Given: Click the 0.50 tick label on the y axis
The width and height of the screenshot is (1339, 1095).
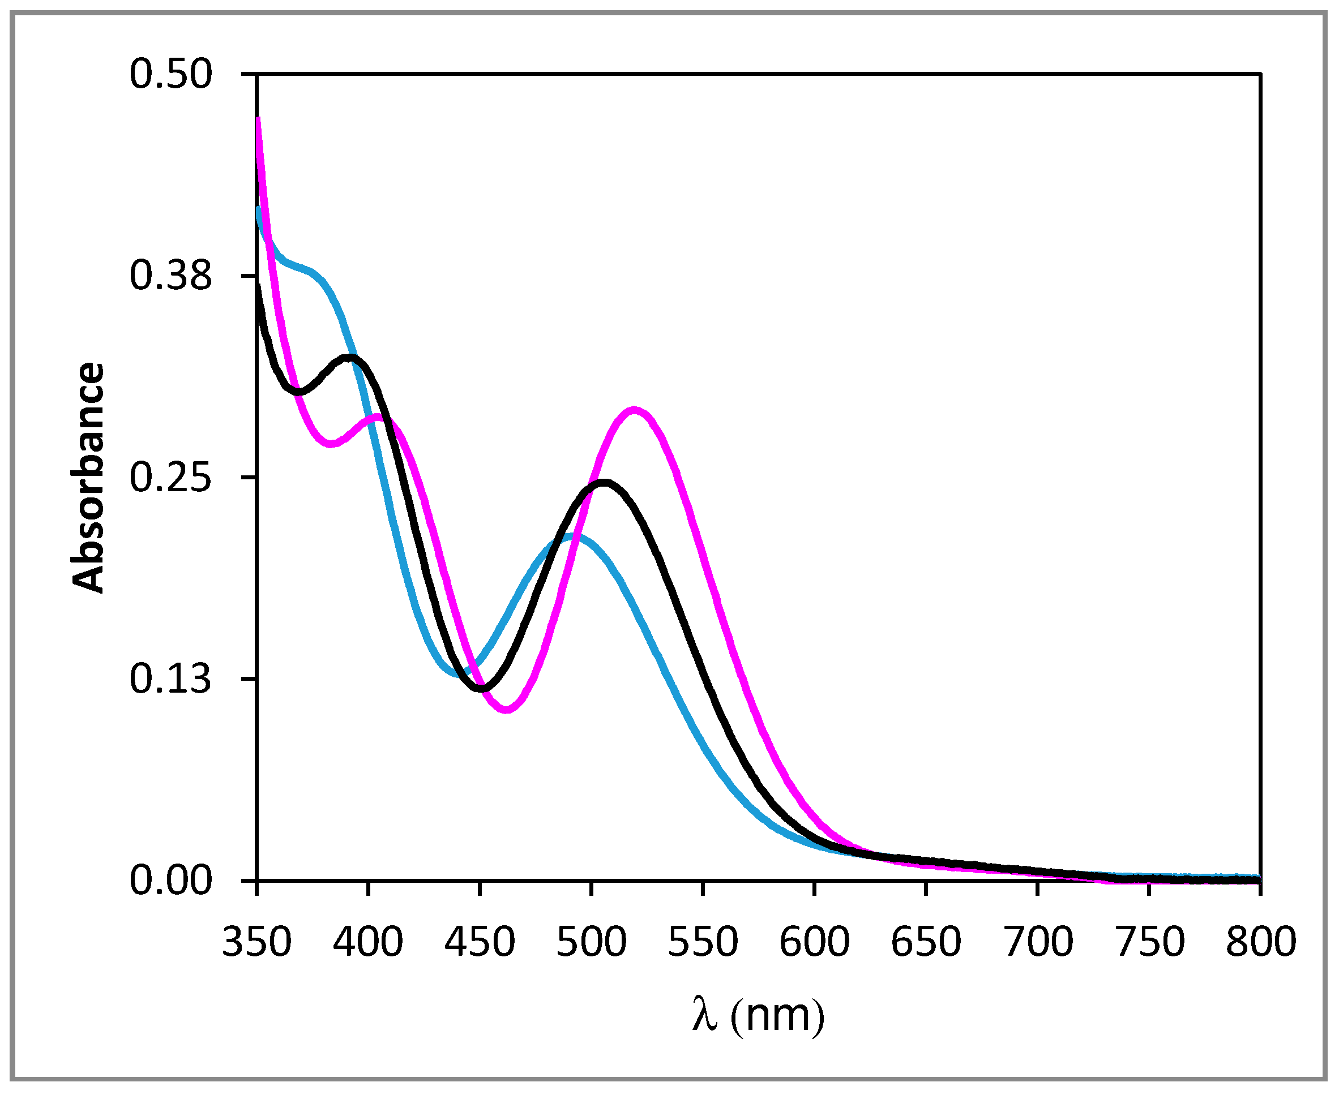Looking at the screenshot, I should click(170, 75).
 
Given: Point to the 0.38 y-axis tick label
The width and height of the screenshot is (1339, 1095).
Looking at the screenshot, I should click(170, 276).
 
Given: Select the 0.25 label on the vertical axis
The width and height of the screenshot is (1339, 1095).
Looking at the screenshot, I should click(170, 478).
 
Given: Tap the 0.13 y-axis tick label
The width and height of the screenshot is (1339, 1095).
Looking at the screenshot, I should click(170, 679).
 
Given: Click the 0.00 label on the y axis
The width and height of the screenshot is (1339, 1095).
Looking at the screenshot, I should click(170, 881).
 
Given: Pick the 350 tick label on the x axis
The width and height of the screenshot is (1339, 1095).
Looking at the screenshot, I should click(257, 942).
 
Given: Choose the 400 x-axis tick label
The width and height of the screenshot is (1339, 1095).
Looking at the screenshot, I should click(369, 942).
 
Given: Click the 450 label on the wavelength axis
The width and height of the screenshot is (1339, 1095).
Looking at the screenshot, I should click(480, 942).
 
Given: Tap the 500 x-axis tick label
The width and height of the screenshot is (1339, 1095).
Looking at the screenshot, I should click(591, 942).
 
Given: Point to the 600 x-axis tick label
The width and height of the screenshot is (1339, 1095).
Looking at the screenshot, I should click(815, 942).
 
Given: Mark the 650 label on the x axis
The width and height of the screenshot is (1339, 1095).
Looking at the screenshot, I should click(926, 942).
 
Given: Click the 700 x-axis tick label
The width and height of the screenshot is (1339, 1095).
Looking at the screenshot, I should click(1038, 942).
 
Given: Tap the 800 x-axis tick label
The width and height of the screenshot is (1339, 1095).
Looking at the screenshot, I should click(1261, 942).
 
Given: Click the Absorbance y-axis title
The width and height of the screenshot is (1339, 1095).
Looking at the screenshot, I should click(88, 478).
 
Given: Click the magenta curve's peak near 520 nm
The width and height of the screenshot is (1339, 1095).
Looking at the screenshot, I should click(634, 410).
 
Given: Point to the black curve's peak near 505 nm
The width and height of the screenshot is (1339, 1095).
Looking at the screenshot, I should click(605, 483).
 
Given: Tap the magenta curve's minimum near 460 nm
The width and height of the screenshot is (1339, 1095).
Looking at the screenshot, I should click(507, 710).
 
